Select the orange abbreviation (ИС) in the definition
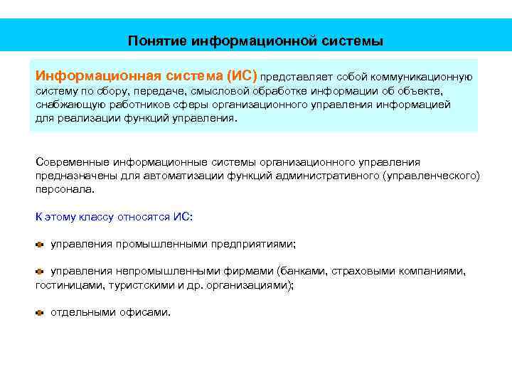pyautogui.click(x=241, y=75)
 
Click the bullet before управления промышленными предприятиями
pyautogui.click(x=40, y=244)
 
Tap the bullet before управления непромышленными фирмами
pyautogui.click(x=40, y=271)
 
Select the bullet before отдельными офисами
pyautogui.click(x=40, y=312)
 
